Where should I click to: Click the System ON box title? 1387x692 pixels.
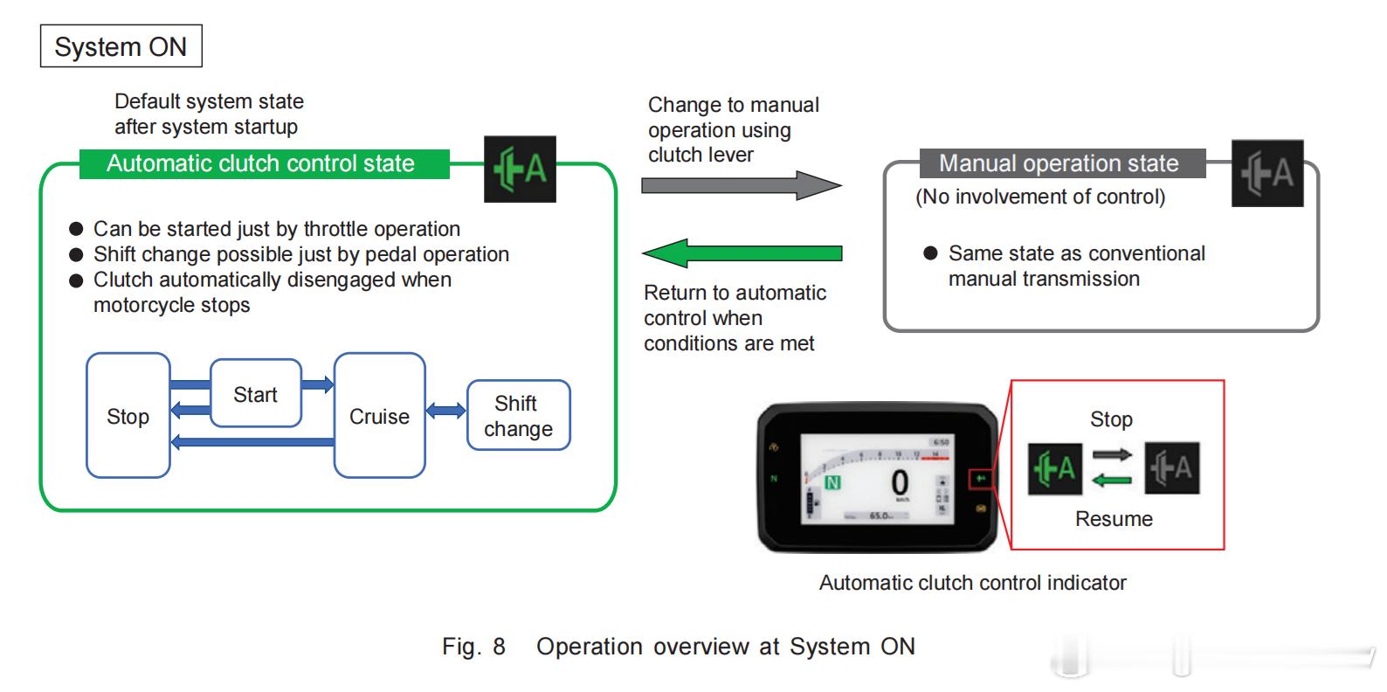(121, 46)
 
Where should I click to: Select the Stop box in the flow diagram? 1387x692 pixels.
(128, 416)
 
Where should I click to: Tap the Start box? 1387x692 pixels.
(255, 394)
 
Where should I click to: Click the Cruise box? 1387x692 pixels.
(379, 416)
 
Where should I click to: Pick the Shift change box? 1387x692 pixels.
(518, 416)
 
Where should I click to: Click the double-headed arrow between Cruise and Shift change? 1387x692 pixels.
(445, 411)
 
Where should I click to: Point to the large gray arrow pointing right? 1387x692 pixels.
(741, 185)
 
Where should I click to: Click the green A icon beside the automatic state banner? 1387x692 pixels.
(520, 169)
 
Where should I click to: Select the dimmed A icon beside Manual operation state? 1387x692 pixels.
(1266, 173)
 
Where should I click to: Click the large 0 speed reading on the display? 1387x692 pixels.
(899, 482)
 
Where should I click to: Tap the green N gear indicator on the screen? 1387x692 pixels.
(832, 483)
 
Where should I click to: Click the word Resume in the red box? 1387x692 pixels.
(1114, 519)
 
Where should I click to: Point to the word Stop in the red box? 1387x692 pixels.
(1111, 419)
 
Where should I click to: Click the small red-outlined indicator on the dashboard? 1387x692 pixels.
(980, 479)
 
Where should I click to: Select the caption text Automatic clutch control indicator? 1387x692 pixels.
(972, 583)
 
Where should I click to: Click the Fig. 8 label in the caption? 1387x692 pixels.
(473, 647)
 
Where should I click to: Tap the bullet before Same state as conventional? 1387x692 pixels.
(930, 253)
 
